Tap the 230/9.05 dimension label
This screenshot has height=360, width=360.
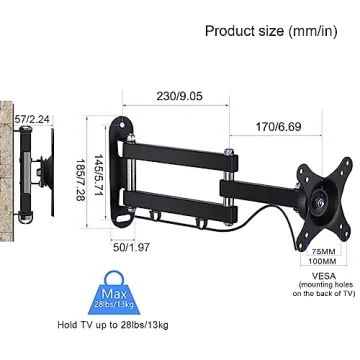[180, 98]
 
